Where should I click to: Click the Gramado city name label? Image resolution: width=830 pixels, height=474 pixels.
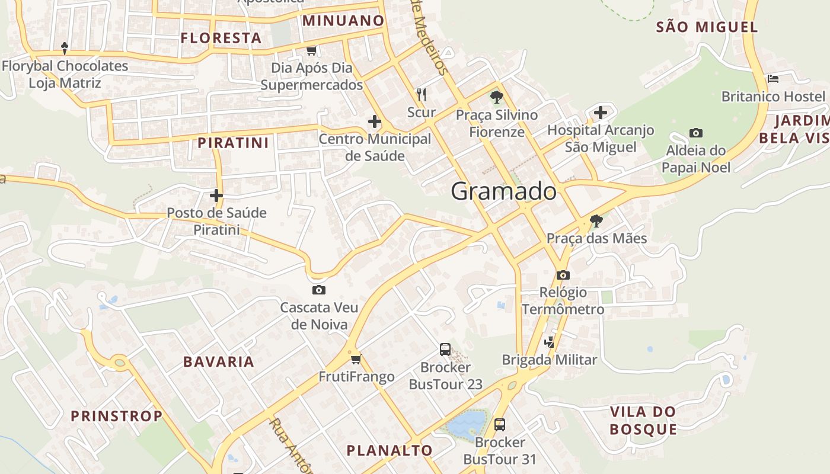[503, 191]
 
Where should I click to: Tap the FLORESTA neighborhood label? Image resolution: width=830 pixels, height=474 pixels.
[221, 38]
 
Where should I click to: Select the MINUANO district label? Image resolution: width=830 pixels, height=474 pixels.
[343, 21]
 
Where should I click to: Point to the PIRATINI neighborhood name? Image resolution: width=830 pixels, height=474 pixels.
[233, 143]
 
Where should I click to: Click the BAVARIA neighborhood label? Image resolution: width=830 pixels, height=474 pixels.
[218, 361]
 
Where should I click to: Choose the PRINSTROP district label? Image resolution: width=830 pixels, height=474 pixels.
[116, 416]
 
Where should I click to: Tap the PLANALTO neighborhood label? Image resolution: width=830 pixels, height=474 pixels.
[390, 450]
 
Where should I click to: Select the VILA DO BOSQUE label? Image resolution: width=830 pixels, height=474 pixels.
[643, 420]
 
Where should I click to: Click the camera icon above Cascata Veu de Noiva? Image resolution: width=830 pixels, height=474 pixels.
[318, 290]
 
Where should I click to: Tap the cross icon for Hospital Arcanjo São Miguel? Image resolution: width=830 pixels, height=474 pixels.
[601, 112]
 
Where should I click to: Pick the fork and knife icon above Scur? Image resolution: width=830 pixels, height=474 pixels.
[422, 94]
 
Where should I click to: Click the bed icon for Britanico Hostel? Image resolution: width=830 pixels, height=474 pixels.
[772, 78]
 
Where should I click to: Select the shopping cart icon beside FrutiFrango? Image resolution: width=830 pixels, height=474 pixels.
[356, 359]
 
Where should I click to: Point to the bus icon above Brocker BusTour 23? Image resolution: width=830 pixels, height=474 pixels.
[445, 350]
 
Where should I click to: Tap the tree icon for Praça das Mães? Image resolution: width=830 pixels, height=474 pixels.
[596, 221]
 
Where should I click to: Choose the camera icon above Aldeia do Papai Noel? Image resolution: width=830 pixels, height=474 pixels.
[695, 133]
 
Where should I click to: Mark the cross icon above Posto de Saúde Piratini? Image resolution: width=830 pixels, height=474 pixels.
[216, 195]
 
